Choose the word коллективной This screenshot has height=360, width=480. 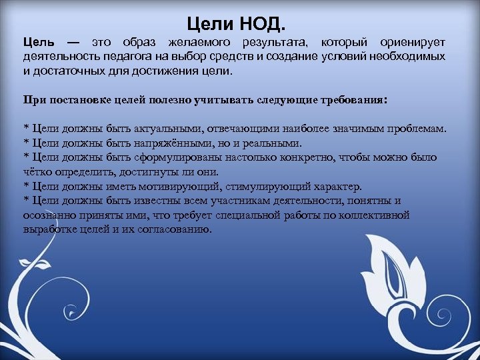click(371, 215)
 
